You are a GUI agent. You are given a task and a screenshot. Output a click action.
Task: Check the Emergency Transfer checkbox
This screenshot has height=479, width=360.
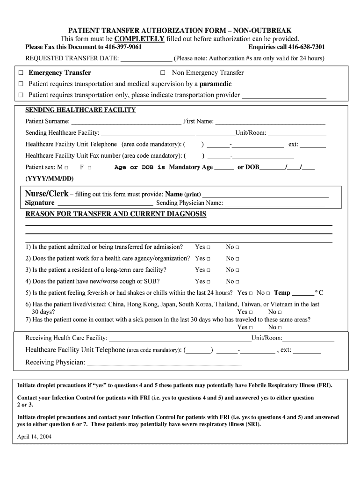[x=21, y=73]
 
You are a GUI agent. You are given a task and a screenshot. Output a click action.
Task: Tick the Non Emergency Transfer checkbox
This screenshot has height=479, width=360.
[x=163, y=73]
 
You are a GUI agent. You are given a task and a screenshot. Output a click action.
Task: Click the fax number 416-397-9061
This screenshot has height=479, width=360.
[x=120, y=47]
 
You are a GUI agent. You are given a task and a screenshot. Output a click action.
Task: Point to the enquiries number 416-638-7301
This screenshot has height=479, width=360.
[x=306, y=47]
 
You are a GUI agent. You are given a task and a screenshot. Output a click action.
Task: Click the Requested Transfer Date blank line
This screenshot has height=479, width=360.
[x=146, y=59]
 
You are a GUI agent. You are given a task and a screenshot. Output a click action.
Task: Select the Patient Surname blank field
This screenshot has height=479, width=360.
[x=126, y=122]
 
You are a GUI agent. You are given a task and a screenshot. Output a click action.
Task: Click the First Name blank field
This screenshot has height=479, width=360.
[x=270, y=122]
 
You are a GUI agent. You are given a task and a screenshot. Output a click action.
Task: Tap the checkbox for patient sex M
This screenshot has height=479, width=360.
[x=66, y=167]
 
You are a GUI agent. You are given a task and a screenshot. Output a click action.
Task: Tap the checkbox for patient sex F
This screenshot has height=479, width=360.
[x=89, y=167]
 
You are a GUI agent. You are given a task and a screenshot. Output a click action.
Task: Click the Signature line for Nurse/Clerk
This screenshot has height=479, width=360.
[x=104, y=203]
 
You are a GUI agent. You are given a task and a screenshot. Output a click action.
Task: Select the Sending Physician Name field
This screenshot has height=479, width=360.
[x=275, y=203]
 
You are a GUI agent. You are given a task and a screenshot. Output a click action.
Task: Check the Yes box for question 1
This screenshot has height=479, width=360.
[x=209, y=247]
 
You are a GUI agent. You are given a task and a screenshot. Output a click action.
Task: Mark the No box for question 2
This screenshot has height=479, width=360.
[x=237, y=259]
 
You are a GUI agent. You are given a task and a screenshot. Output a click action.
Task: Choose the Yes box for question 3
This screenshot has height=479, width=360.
[x=209, y=270]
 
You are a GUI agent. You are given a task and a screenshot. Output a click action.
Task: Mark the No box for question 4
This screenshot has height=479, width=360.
[x=237, y=282]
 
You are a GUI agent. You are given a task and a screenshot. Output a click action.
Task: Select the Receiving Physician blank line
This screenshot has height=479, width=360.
[x=165, y=363]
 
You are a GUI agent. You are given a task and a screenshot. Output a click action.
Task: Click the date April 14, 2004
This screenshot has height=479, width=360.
[x=34, y=436]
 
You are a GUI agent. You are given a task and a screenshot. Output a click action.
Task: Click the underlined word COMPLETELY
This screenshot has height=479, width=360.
[x=139, y=39]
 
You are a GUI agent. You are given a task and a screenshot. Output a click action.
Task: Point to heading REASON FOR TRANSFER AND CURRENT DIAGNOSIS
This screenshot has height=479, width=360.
[x=115, y=214]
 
